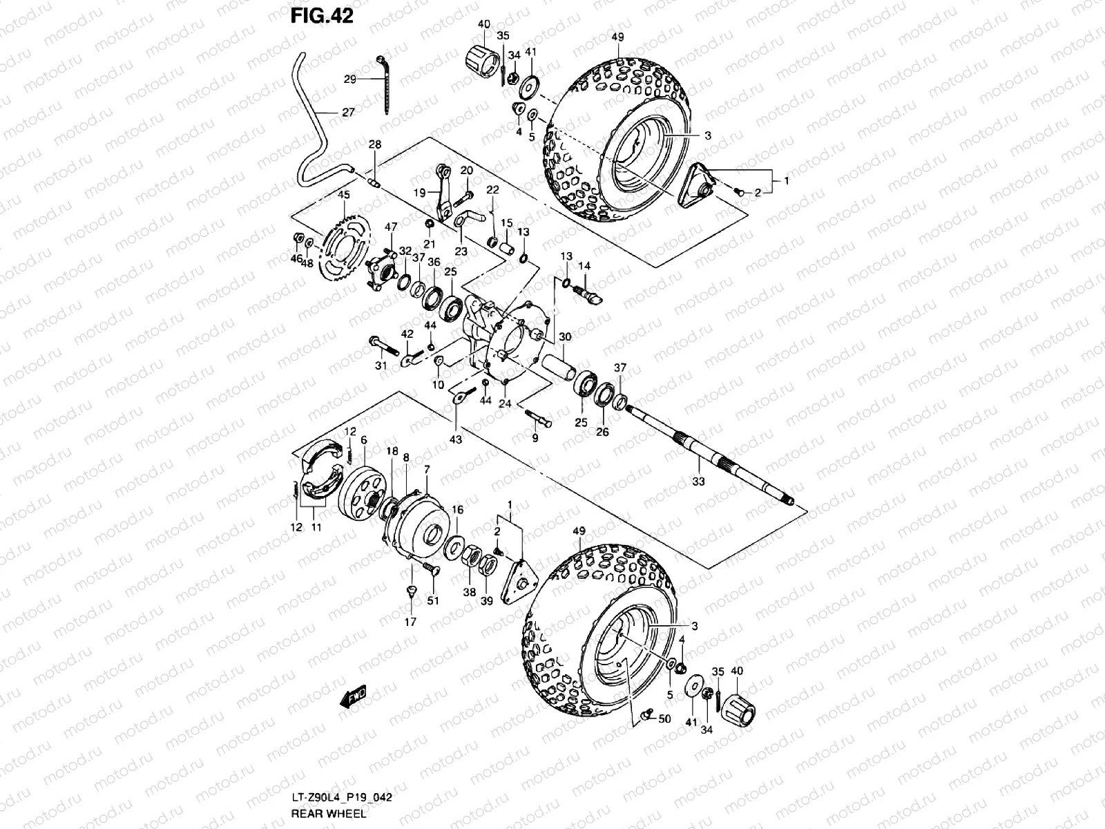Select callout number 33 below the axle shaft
pos(699,481)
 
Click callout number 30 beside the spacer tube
pos(565,336)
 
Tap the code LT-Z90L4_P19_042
pos(341,800)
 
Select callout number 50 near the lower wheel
pos(664,719)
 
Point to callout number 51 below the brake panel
pos(433,600)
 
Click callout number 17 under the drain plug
pos(411,622)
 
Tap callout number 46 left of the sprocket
pos(296,258)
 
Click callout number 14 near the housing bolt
pos(584,265)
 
